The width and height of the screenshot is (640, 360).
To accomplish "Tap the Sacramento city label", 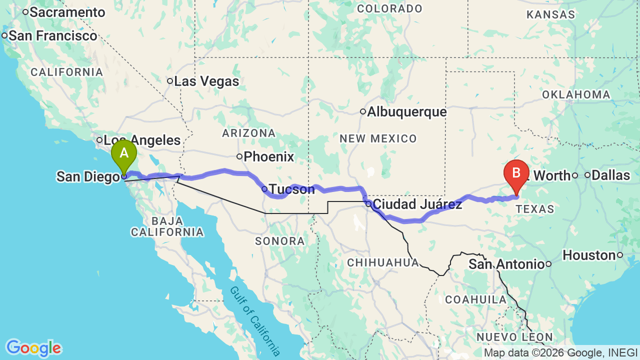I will pos(67,12).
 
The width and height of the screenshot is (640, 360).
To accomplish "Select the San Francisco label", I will pos(53,36).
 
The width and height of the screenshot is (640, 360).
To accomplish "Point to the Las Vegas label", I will pos(206,81).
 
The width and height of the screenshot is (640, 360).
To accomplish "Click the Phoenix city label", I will pos(269,157).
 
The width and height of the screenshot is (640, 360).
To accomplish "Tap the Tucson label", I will pos(292,189).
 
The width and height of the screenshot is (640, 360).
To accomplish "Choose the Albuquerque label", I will pos(407,112).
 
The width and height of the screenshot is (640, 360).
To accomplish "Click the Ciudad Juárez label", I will pos(417,204).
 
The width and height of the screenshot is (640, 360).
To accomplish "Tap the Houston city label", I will pos(589,255).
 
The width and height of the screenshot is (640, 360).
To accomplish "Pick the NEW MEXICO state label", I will pos(378,138).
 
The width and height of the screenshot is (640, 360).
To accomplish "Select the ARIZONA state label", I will pos(249,133).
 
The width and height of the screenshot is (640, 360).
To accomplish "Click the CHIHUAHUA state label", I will pos(383,262).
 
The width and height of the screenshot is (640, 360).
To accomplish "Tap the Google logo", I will pos(33,348).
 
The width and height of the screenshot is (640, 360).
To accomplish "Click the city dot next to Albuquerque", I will pos(363,111).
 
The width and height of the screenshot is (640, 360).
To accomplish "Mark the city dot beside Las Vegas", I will pos(170,81).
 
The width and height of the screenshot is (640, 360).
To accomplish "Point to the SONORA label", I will pos(279,241).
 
